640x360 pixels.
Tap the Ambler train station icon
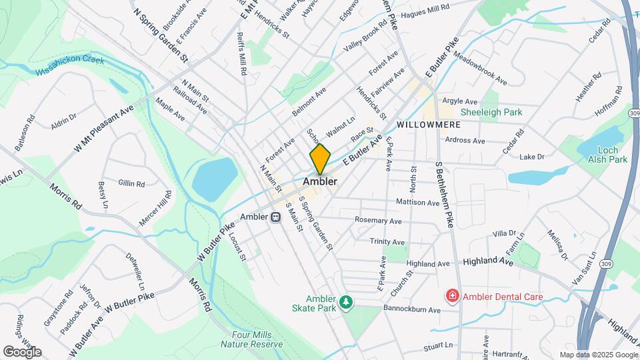(x=275, y=217)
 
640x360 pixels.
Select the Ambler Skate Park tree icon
(x=345, y=303)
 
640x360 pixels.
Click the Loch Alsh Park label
(x=608, y=155)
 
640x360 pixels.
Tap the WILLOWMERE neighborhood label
(x=424, y=125)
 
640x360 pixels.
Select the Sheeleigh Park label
(x=491, y=113)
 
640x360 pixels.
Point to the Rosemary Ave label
(x=378, y=221)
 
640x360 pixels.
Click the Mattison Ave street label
(x=417, y=202)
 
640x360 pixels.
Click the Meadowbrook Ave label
(x=480, y=69)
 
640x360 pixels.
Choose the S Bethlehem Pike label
(x=444, y=193)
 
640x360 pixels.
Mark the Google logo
(x=21, y=352)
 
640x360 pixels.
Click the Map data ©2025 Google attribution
(x=598, y=355)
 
